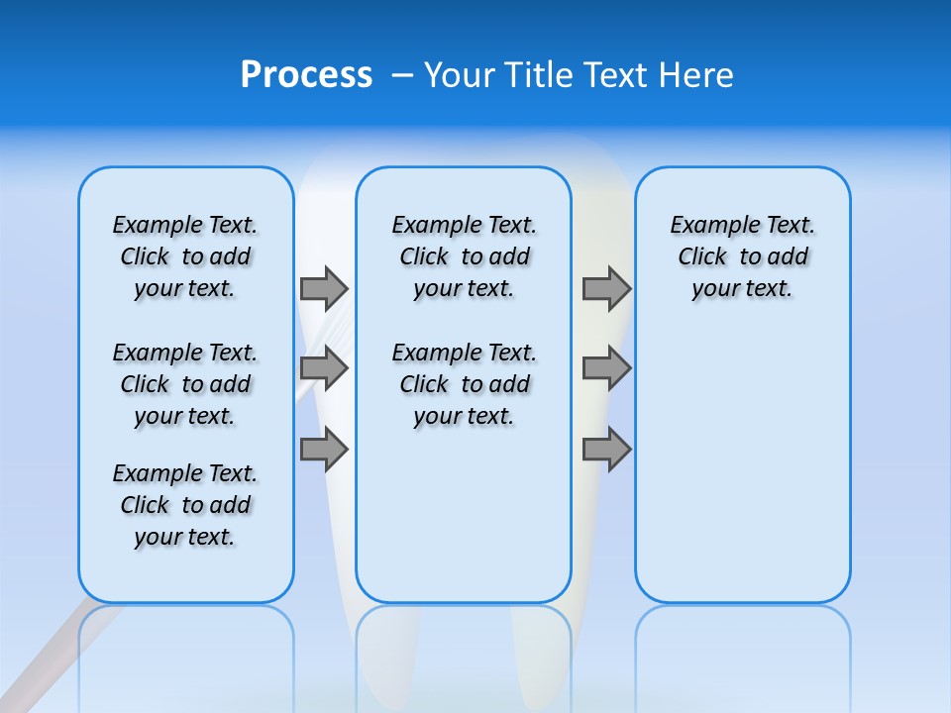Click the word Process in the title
pos(306,75)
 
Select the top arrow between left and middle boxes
pos(324,288)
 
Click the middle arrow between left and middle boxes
pos(324,368)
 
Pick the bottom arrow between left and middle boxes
pos(324,450)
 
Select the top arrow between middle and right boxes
pos(606,288)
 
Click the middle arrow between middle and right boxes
pos(606,368)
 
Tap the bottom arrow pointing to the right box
pos(606,450)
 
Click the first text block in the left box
pos(185,256)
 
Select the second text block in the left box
pos(185,384)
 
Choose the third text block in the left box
pos(185,505)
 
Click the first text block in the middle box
pos(464,256)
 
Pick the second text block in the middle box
pos(464,384)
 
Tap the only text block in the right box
pos(742,256)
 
